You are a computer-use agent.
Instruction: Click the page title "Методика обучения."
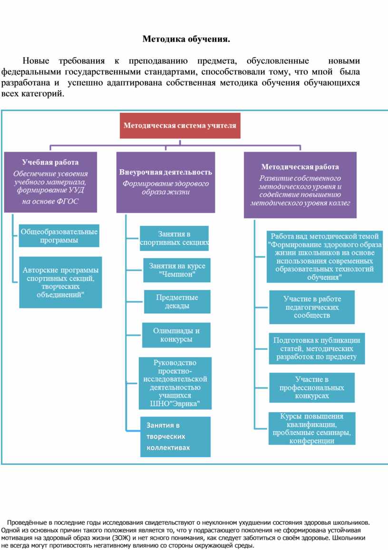pyautogui.click(x=186, y=39)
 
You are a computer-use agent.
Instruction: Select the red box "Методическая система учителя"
pyautogui.click(x=180, y=126)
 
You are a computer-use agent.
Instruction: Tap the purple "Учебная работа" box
pyautogui.click(x=50, y=182)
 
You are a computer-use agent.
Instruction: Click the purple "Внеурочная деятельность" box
pyautogui.click(x=165, y=182)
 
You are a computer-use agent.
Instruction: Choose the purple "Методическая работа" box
pyautogui.click(x=300, y=185)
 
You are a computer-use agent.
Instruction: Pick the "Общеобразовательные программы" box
pyautogui.click(x=59, y=236)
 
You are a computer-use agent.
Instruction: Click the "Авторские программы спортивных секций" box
pyautogui.click(x=60, y=282)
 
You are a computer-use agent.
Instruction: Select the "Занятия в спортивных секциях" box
pyautogui.click(x=175, y=238)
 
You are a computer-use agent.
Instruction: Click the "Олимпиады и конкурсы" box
pyautogui.click(x=176, y=335)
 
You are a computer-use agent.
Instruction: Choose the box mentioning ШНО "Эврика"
pyautogui.click(x=175, y=383)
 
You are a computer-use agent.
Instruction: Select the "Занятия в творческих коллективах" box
pyautogui.click(x=175, y=436)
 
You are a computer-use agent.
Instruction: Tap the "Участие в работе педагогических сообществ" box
pyautogui.click(x=312, y=307)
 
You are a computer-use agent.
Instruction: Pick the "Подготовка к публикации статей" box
pyautogui.click(x=317, y=348)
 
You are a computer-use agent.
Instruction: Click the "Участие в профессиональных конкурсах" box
pyautogui.click(x=312, y=387)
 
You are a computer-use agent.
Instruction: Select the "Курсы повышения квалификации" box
pyautogui.click(x=312, y=428)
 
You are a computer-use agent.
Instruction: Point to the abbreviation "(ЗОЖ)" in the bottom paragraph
pyautogui.click(x=120, y=538)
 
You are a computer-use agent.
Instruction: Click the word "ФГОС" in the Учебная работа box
pyautogui.click(x=68, y=201)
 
